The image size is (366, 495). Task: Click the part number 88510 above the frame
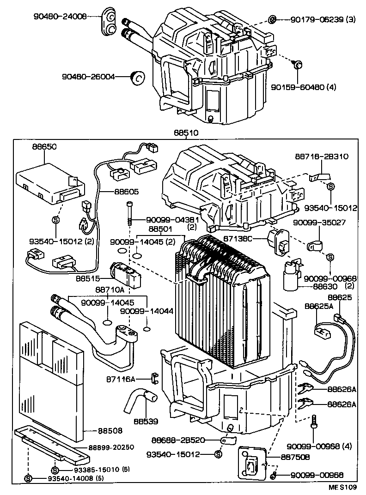tap(186, 133)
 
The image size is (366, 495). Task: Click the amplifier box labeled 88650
tap(50, 185)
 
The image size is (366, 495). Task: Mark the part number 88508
tap(110, 430)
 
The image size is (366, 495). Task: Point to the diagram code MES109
tap(343, 487)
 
